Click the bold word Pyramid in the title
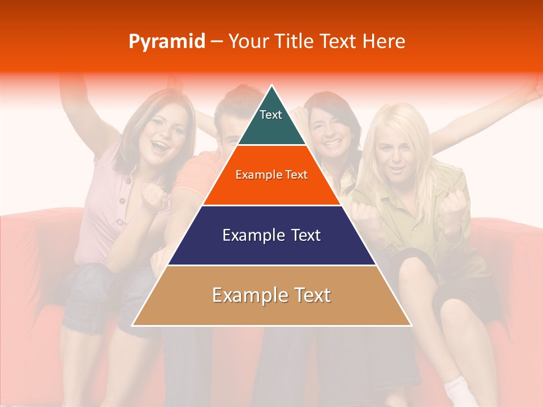(x=166, y=42)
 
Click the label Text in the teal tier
(x=270, y=115)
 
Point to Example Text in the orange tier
(x=271, y=175)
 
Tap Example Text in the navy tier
(x=271, y=235)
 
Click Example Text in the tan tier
(x=271, y=295)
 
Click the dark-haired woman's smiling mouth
(x=332, y=144)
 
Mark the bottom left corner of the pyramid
(x=132, y=326)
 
